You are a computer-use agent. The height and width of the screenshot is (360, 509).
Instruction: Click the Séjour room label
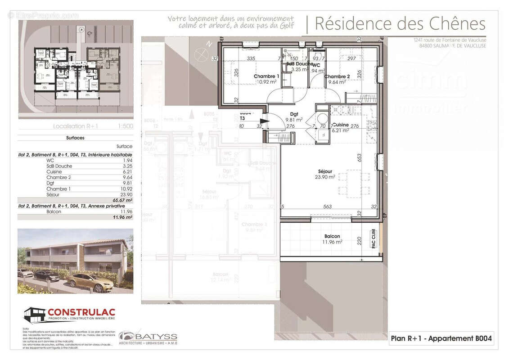325,171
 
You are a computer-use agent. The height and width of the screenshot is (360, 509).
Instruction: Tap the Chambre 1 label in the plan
266,76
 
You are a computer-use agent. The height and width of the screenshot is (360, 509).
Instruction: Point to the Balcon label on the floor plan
332,236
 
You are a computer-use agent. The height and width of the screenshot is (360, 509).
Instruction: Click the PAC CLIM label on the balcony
373,238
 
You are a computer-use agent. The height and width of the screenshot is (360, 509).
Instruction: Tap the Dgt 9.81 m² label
294,117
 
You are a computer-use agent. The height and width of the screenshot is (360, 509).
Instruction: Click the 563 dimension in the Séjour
328,207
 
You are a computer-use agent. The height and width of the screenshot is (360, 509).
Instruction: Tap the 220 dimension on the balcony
360,240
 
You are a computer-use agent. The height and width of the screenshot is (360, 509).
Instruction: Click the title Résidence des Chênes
400,23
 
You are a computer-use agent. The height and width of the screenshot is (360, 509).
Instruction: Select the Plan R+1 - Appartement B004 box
441,338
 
